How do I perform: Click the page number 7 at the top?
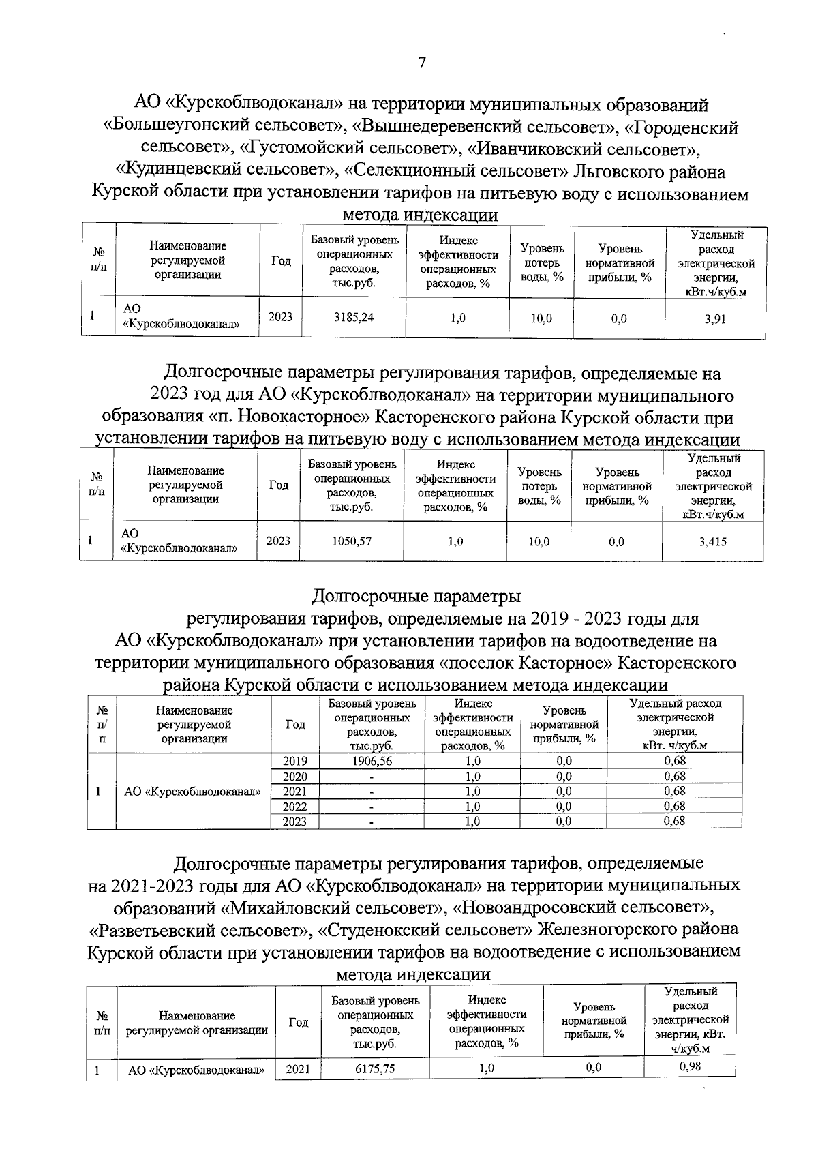click(x=421, y=63)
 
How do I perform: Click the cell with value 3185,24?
click(x=354, y=317)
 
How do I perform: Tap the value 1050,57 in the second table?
click(x=351, y=541)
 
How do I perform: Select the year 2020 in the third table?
click(x=294, y=777)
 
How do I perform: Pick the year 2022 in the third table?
click(x=294, y=807)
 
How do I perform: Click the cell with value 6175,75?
click(x=374, y=1069)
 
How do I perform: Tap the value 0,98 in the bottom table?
click(x=690, y=1066)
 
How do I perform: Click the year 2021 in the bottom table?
click(x=298, y=1070)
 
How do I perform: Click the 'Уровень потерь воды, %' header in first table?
click(x=542, y=262)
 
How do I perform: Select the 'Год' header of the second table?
click(x=278, y=485)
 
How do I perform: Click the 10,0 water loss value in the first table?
click(x=541, y=318)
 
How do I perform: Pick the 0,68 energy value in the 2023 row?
click(x=674, y=822)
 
